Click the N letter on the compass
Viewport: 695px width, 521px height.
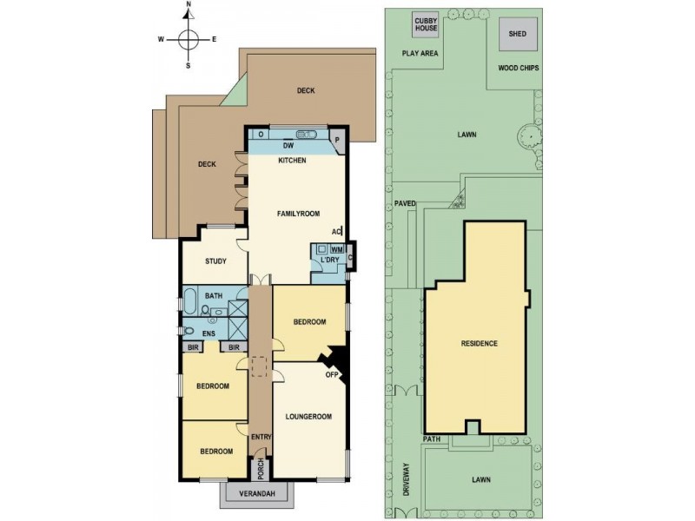coord(189,5)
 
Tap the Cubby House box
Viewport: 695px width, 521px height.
coord(425,25)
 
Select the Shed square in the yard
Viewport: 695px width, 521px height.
coord(517,35)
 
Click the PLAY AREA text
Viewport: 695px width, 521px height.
coord(420,53)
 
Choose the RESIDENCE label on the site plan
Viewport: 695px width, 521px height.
coord(479,344)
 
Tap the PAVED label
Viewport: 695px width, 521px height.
coord(404,204)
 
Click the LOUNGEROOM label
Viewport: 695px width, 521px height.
coord(308,417)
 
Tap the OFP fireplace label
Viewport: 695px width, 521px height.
coord(331,375)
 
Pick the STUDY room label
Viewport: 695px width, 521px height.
coord(215,261)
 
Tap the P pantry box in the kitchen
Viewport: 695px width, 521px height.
coord(339,140)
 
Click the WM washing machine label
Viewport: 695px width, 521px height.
coord(336,250)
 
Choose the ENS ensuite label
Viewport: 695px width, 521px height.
coord(208,333)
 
